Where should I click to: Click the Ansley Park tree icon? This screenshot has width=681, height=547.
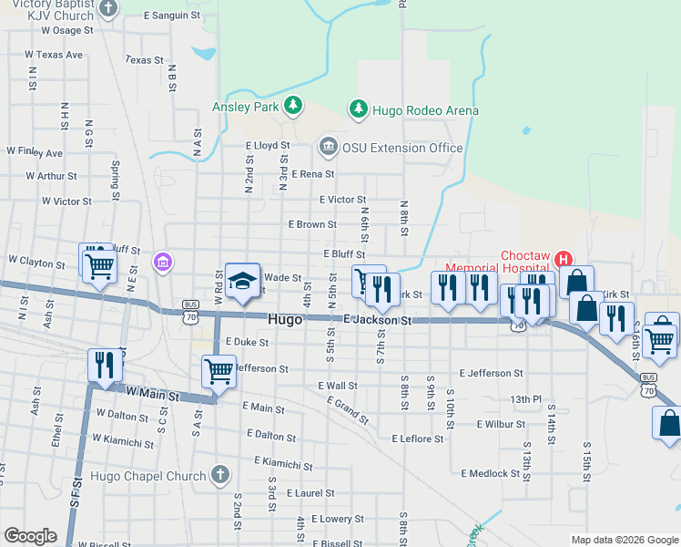click(293, 107)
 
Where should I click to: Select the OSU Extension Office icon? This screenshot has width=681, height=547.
click(328, 146)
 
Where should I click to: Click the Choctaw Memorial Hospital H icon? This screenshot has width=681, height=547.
click(563, 260)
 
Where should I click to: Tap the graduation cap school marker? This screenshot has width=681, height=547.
click(243, 282)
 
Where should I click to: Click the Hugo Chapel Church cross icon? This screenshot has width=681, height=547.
click(219, 474)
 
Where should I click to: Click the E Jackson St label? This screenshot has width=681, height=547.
click(379, 320)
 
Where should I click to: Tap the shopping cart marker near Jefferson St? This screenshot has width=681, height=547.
click(219, 371)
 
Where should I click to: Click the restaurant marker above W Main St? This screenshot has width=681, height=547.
click(103, 365)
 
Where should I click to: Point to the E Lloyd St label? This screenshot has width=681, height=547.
click(268, 145)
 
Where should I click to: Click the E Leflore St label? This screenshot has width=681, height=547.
click(417, 439)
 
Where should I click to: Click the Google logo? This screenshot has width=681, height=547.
click(30, 536)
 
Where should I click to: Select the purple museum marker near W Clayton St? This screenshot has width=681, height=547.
click(163, 263)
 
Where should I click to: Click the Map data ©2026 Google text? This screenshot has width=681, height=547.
click(623, 540)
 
